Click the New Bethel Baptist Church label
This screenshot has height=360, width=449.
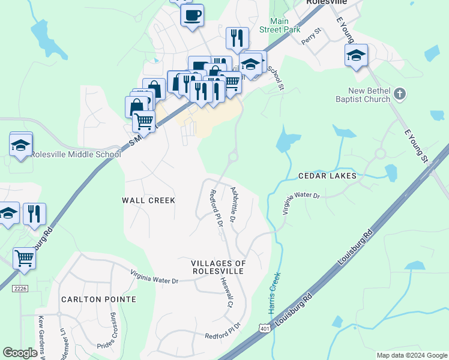pos(360,95)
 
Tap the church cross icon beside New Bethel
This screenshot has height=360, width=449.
pos(400,94)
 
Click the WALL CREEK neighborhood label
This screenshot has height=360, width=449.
pos(148,200)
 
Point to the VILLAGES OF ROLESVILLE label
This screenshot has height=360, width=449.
pos(218,267)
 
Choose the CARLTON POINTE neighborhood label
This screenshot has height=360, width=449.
pos(98,299)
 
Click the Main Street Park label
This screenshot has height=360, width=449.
pos(279,25)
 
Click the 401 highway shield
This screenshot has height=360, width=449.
pos(265,328)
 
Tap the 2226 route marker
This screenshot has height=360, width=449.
pos(20,289)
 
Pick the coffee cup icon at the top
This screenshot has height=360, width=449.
pos(192,15)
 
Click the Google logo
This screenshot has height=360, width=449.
pos(20,353)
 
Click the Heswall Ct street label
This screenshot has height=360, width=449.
pos(226,292)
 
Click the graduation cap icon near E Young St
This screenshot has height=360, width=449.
pos(356,56)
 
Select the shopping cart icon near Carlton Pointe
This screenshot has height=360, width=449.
pos(24,258)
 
